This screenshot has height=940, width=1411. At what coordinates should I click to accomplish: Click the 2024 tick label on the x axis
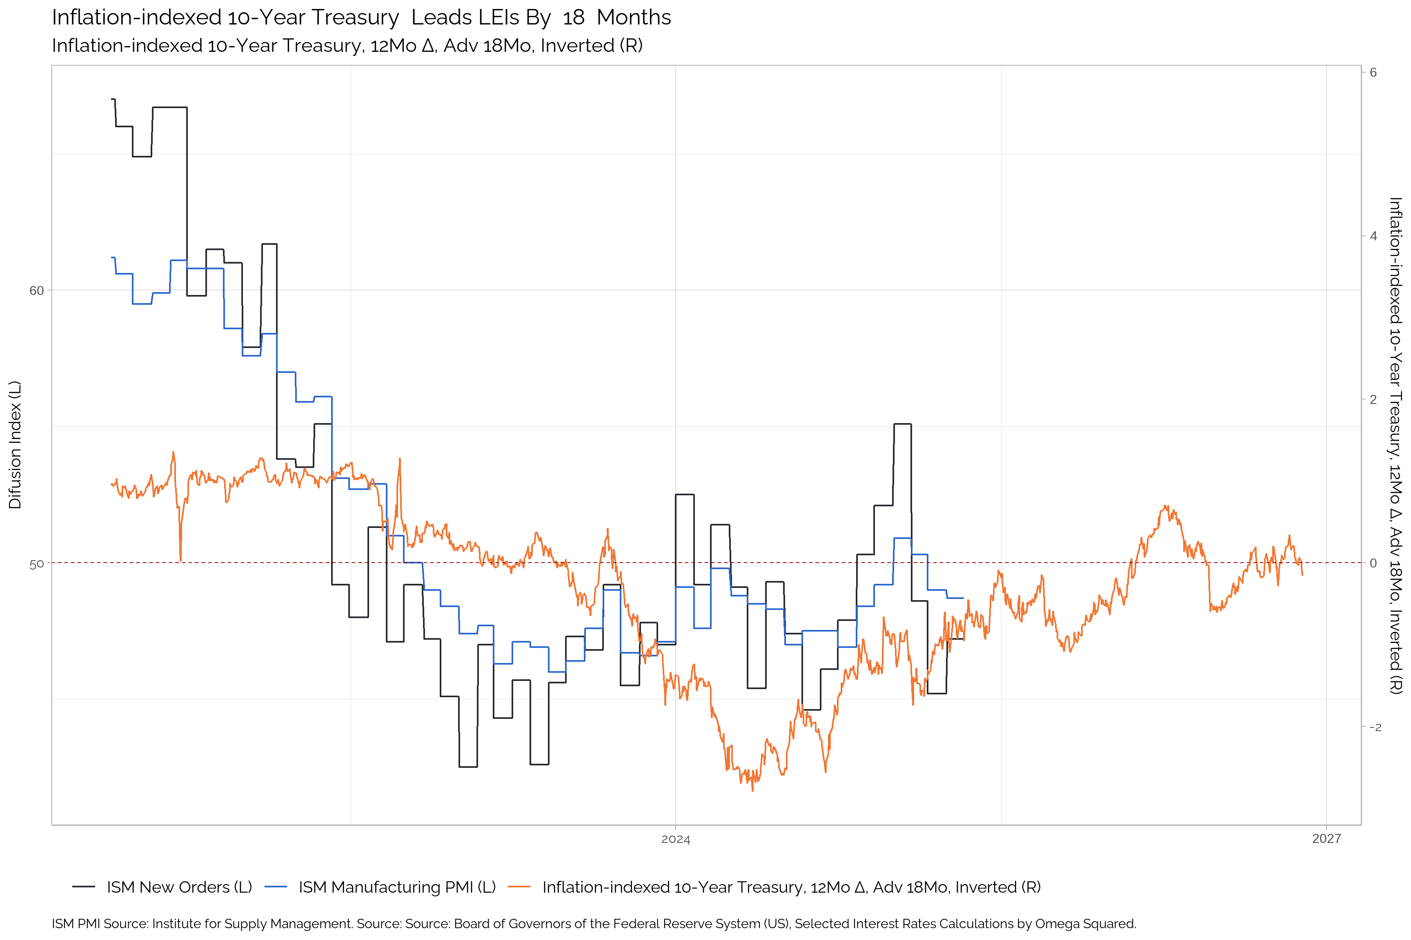[676, 839]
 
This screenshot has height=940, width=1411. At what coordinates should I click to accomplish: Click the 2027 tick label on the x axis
[1326, 839]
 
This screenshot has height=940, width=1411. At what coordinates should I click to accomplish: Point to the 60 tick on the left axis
[37, 291]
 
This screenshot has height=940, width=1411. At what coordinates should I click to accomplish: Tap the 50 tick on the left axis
[37, 564]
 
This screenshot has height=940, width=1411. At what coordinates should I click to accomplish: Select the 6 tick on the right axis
[1373, 73]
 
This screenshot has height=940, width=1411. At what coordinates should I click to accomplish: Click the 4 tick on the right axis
[1373, 236]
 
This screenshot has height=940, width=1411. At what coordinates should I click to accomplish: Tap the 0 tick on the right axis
[1373, 563]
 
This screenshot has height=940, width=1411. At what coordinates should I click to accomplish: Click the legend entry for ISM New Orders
[179, 887]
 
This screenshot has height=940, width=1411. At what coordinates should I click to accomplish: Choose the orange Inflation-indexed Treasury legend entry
[791, 887]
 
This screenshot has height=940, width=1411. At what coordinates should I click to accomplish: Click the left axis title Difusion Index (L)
[15, 445]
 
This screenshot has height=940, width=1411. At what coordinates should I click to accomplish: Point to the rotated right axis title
[1395, 445]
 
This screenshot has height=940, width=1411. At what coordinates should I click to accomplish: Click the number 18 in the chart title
[574, 18]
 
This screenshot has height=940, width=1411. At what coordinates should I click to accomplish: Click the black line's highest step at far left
[113, 100]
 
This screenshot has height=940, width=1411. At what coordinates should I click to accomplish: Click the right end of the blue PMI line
[963, 598]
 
